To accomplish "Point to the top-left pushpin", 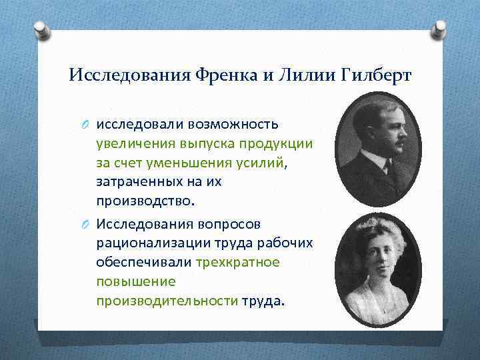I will pyautogui.click(x=42, y=29).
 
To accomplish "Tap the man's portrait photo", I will pyautogui.click(x=377, y=149).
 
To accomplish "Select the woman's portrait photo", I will pyautogui.click(x=377, y=270).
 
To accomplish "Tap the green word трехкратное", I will pyautogui.click(x=237, y=262).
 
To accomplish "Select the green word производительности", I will pyautogui.click(x=167, y=301).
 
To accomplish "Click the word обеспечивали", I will pyautogui.click(x=143, y=262).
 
